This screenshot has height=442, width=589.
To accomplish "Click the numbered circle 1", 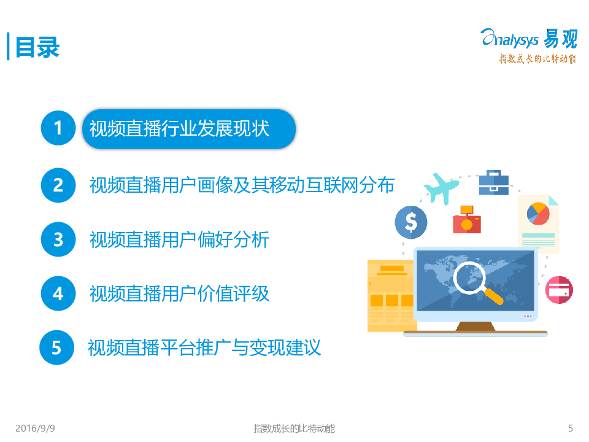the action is [58, 128].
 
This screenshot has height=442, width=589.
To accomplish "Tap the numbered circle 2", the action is [58, 185].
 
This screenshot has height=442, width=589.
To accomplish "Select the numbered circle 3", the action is [58, 239].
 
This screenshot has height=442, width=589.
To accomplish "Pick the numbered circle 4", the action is [58, 293].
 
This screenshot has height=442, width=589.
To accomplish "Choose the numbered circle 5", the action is [56, 347].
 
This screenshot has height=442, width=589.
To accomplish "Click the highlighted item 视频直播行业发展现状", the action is [188, 129].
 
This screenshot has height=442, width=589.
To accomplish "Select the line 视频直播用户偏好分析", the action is [179, 239].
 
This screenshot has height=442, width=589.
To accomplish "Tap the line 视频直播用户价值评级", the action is [179, 293].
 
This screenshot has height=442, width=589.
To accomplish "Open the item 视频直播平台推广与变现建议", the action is [204, 347].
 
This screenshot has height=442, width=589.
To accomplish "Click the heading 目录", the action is [37, 47].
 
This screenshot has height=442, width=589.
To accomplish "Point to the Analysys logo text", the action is [510, 39].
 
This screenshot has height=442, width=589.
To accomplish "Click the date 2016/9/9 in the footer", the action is [35, 428].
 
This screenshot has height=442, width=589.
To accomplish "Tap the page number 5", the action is [571, 428].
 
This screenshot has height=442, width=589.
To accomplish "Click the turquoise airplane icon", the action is [442, 188].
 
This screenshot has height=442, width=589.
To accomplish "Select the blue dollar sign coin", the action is [411, 222].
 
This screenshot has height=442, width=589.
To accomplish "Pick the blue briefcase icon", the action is [493, 183].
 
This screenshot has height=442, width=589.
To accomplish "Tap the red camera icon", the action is [467, 220].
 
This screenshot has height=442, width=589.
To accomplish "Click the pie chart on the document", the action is [538, 214].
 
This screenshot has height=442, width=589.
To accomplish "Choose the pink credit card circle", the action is [559, 290].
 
